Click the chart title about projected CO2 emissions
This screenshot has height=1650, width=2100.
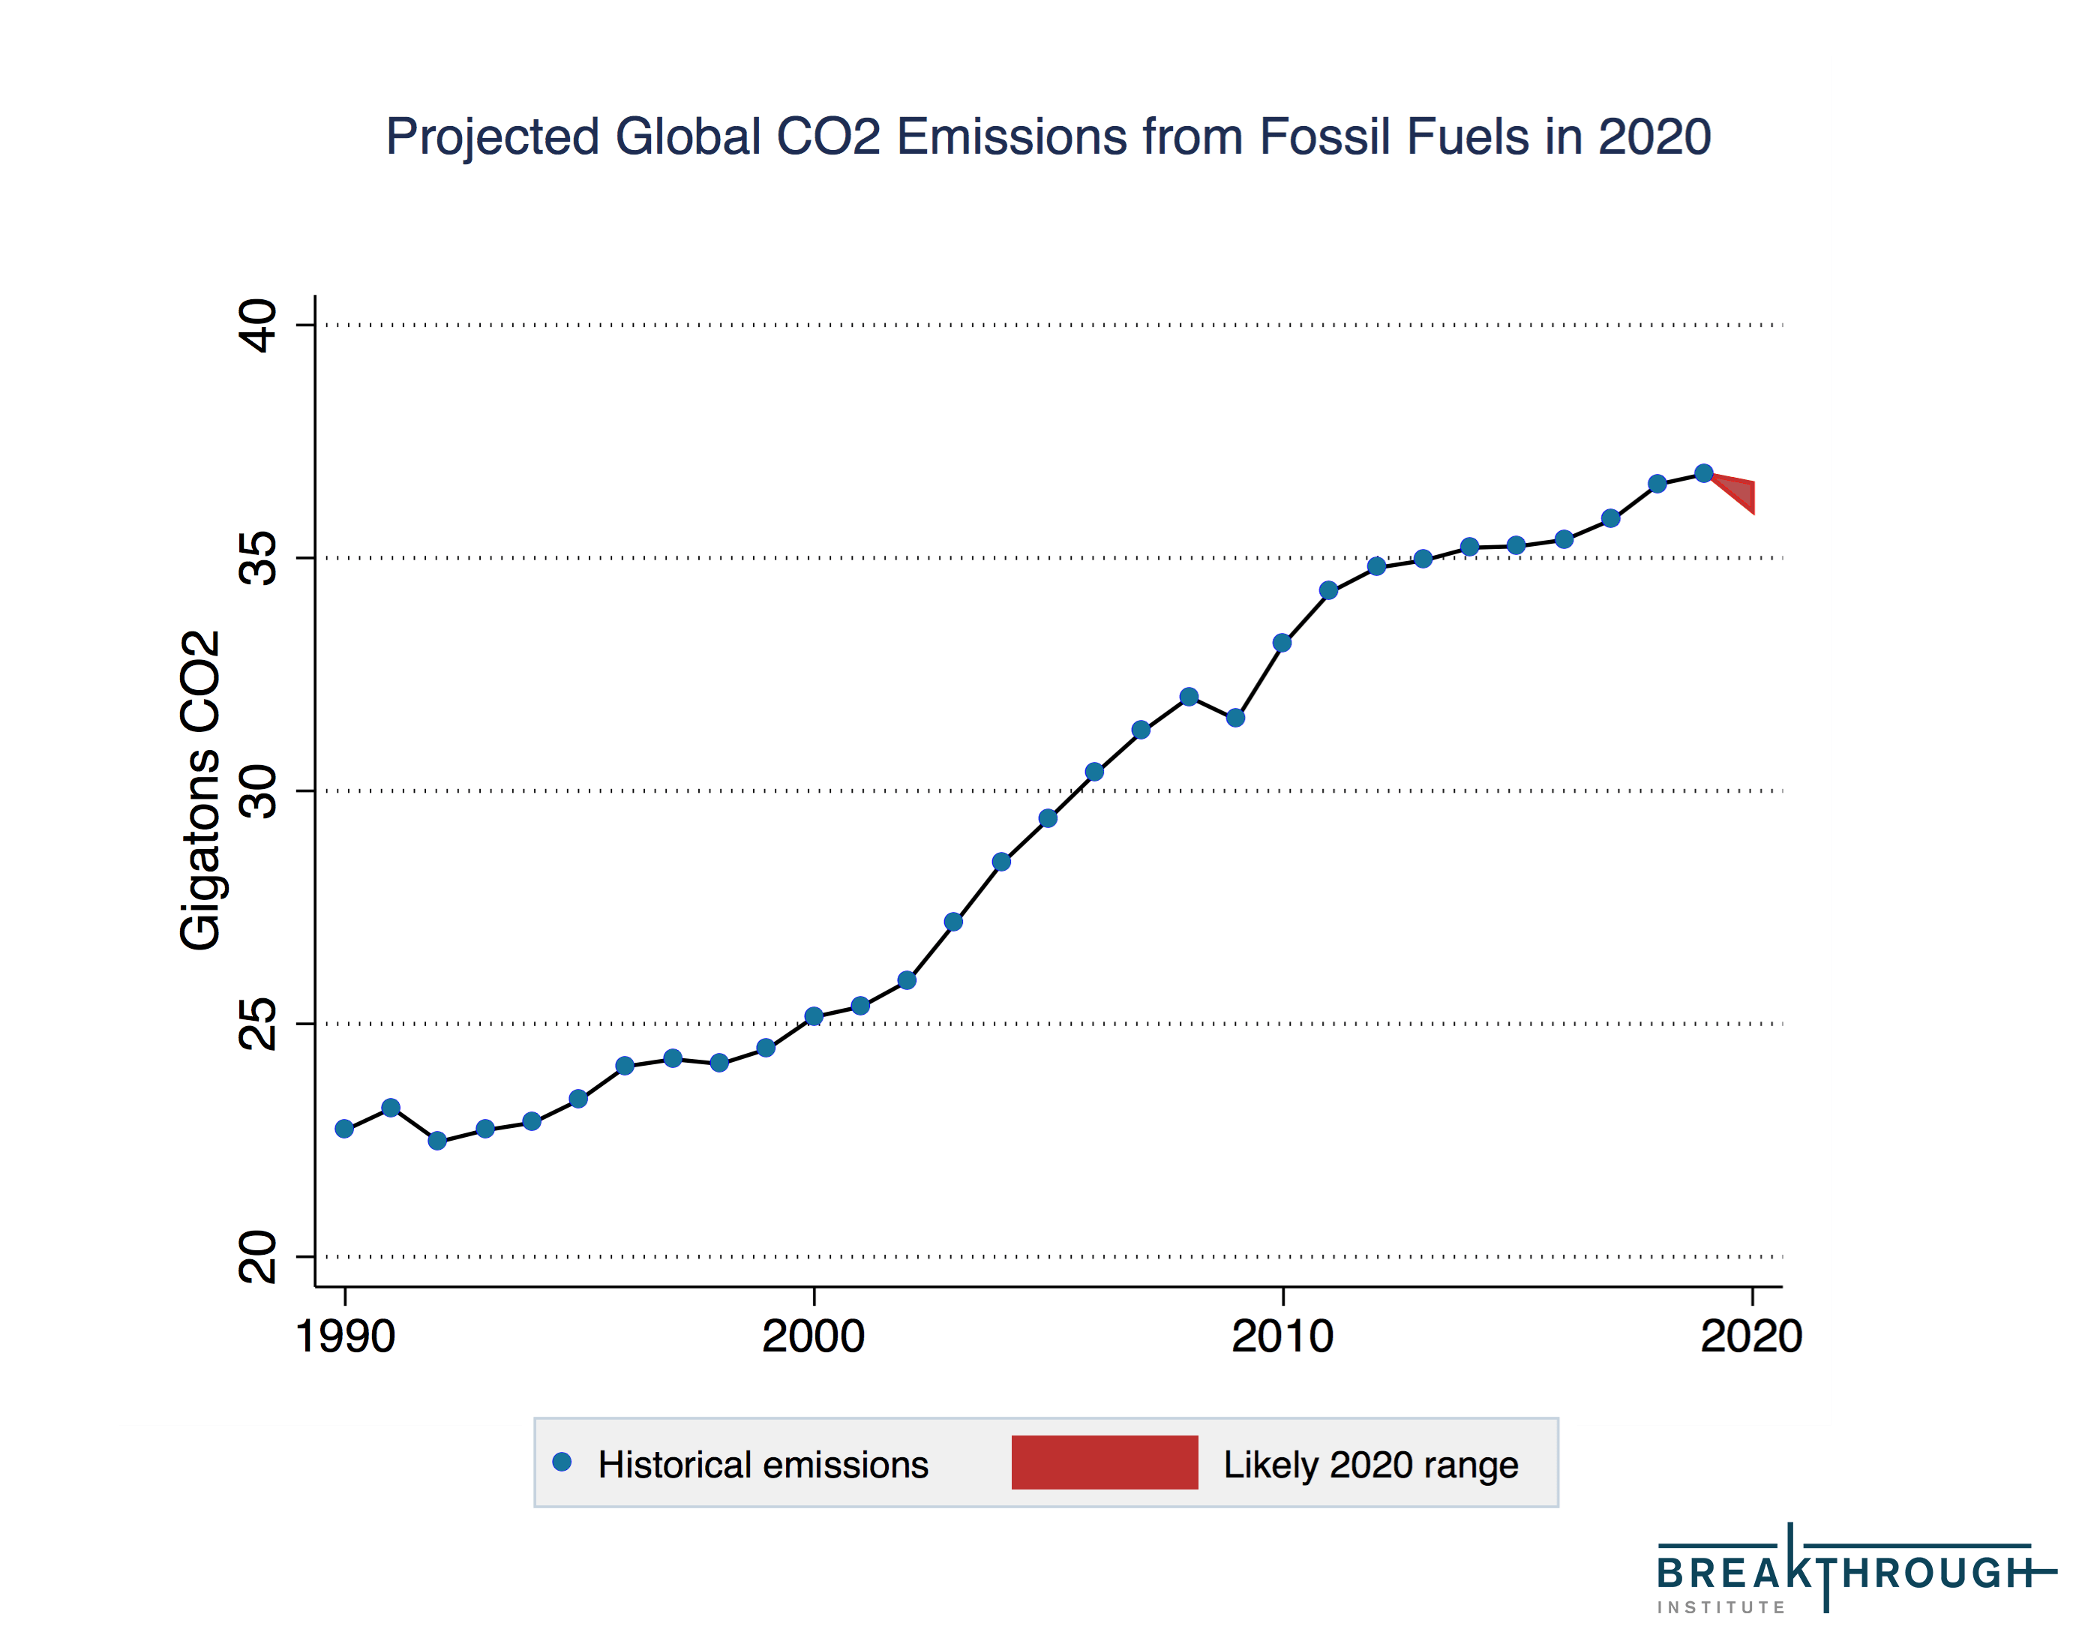click(x=1048, y=136)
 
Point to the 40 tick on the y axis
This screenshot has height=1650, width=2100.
click(x=257, y=325)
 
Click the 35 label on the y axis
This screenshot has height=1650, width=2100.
click(x=257, y=558)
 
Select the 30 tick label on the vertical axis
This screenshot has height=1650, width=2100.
click(x=257, y=791)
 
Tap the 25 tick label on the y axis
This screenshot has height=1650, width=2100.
click(x=257, y=1024)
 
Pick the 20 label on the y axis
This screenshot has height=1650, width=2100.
click(x=257, y=1257)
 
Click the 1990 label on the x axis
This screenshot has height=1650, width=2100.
click(x=345, y=1338)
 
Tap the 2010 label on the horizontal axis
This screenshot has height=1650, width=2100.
click(x=1282, y=1338)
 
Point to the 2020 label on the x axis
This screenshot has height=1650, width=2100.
click(x=1750, y=1338)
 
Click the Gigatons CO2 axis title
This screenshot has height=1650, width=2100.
click(x=201, y=790)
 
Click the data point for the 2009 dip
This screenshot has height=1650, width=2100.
click(x=1235, y=718)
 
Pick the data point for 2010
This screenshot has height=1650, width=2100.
click(x=1282, y=643)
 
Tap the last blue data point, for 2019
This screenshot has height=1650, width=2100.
click(x=1704, y=473)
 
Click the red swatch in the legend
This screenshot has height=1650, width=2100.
click(x=1104, y=1462)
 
